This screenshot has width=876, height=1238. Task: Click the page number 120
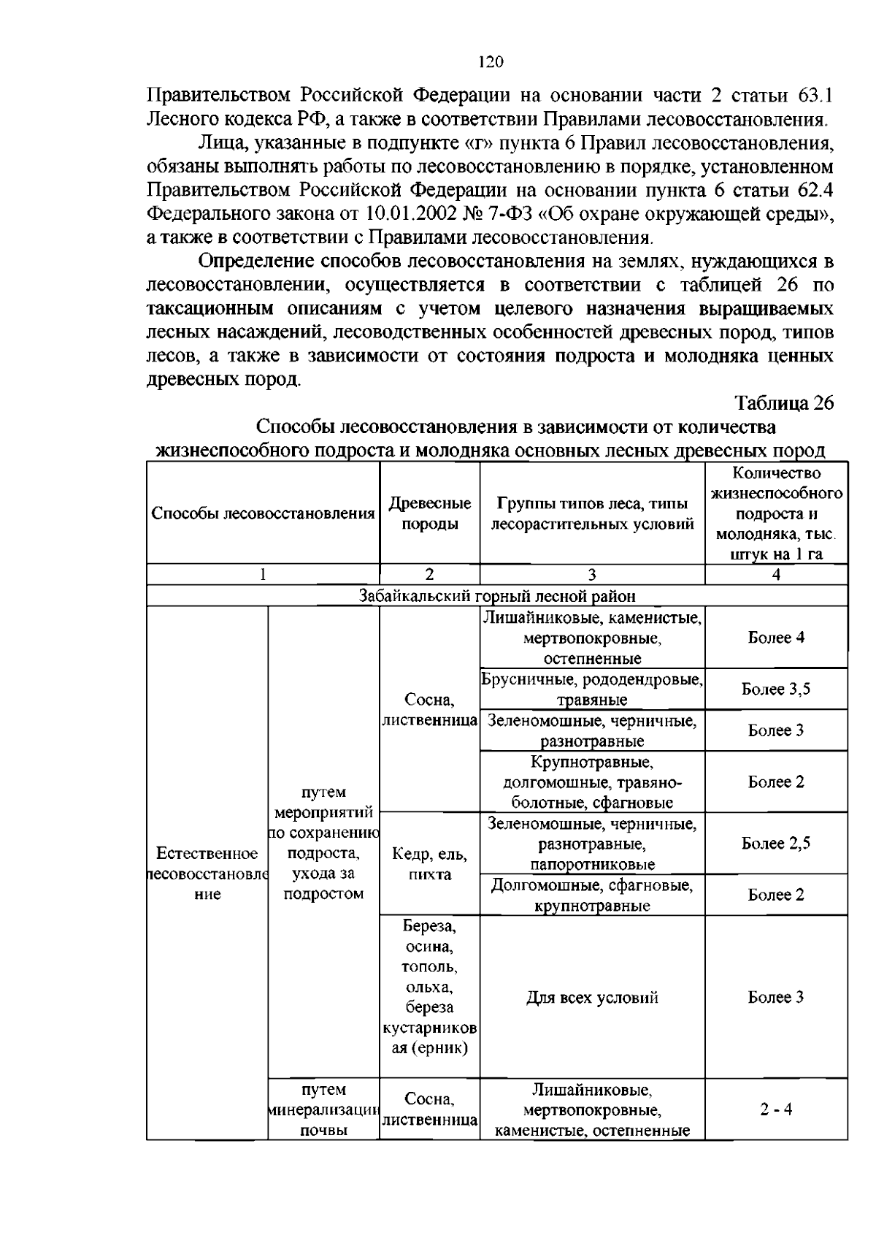coord(491,63)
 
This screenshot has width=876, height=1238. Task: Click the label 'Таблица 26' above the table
coord(783,404)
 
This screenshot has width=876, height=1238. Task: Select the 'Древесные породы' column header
coord(429,513)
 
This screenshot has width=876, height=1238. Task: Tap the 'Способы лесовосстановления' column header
coord(263,513)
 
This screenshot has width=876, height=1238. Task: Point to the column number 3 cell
coord(592,575)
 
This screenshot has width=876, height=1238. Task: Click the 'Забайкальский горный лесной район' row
coord(496,596)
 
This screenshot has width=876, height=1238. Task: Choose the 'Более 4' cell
coord(776,638)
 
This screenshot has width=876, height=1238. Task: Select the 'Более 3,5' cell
coord(776,689)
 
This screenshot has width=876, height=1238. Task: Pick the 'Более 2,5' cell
coord(776,844)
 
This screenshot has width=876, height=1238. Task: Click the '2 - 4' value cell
coord(776,1109)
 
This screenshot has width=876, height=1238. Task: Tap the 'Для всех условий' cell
coord(592,998)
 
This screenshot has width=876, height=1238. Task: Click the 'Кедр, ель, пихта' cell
coord(429,864)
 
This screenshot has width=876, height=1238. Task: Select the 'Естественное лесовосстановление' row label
coord(207,874)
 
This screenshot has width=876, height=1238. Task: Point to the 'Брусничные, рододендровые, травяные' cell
coord(592,689)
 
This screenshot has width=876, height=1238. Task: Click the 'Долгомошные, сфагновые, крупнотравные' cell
coord(592,895)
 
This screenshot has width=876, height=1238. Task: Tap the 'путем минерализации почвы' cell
coord(323,1110)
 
